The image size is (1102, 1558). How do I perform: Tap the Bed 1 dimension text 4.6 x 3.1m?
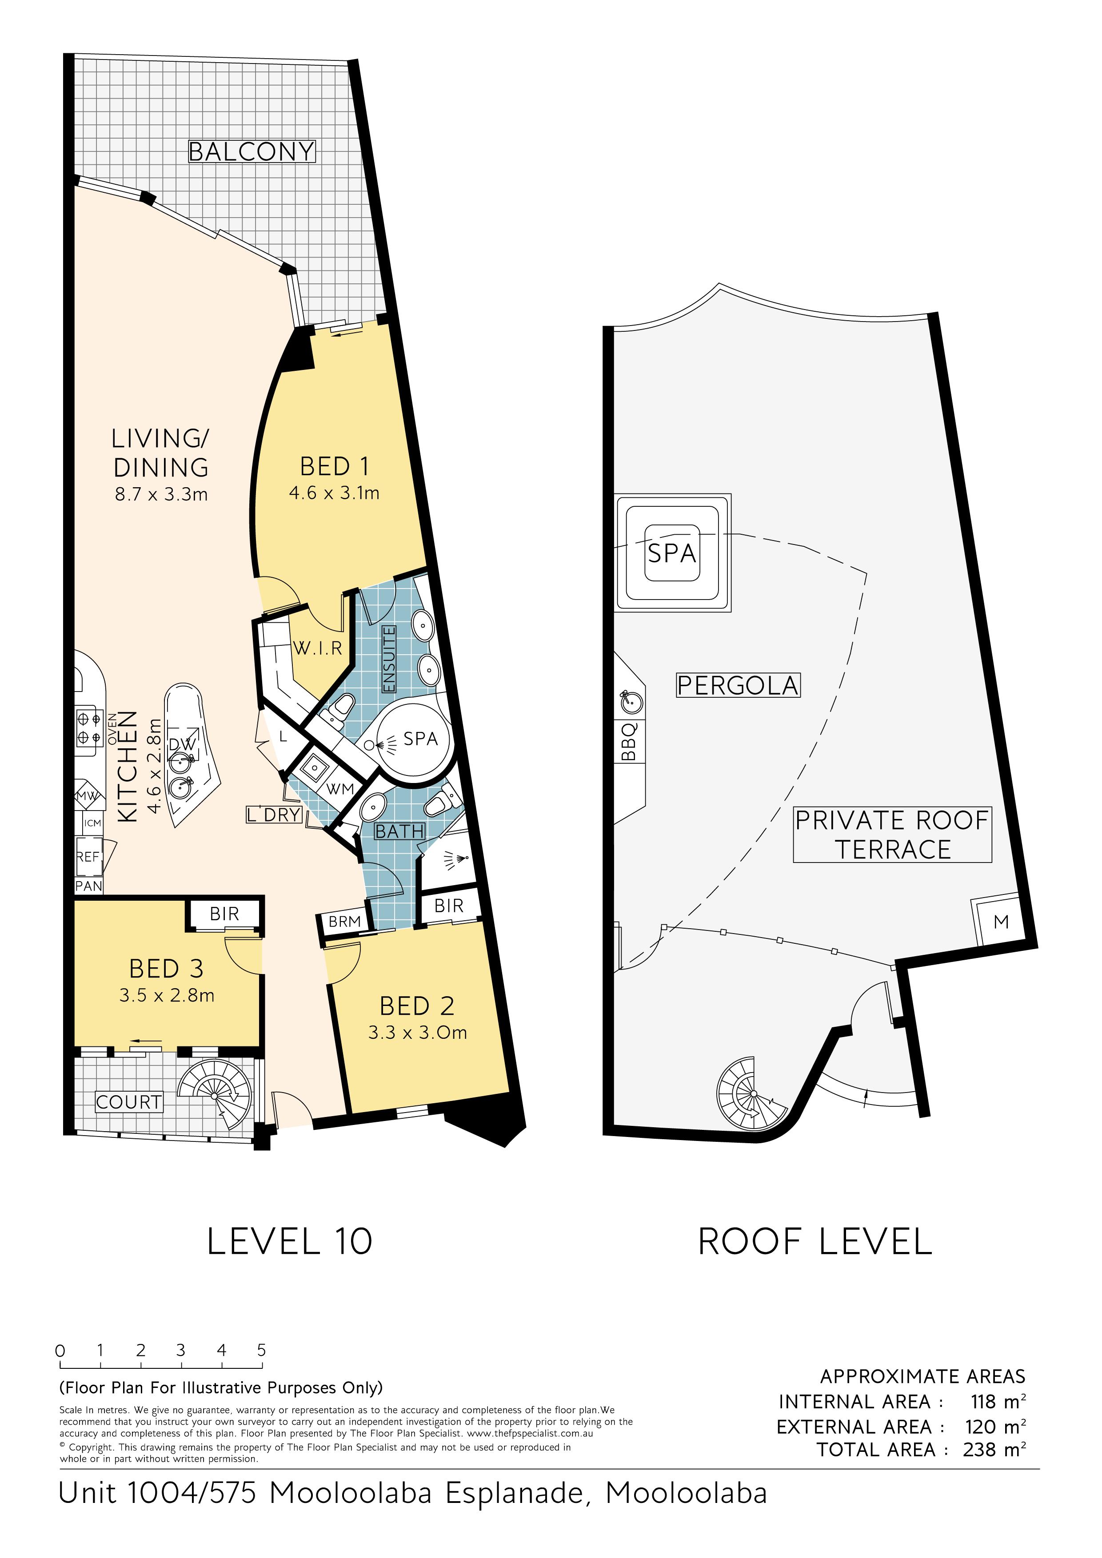click(334, 493)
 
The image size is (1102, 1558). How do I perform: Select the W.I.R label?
click(318, 649)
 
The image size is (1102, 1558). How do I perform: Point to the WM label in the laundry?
click(340, 788)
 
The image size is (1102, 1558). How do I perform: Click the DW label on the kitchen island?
click(182, 744)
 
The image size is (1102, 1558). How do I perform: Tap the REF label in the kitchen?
click(88, 857)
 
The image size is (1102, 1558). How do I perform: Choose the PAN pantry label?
click(89, 886)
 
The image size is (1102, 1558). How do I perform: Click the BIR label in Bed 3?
click(224, 914)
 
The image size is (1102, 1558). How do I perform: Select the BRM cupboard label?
click(344, 922)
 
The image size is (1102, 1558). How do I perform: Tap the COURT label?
click(129, 1102)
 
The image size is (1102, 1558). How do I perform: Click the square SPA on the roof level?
click(672, 552)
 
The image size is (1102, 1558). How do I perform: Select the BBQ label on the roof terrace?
click(629, 742)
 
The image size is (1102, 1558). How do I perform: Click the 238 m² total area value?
click(994, 1450)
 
